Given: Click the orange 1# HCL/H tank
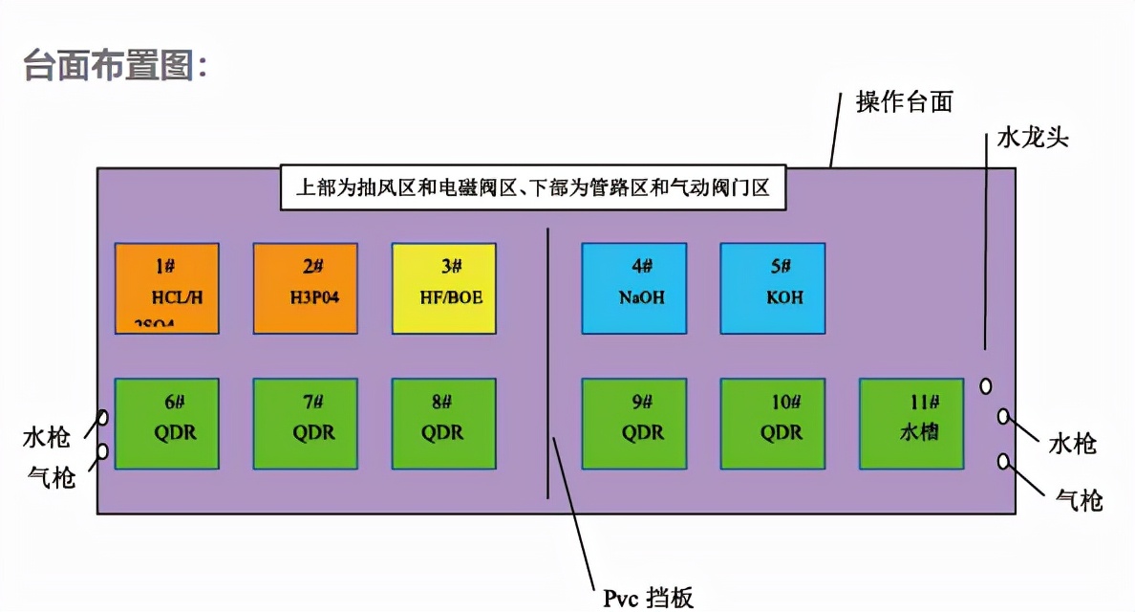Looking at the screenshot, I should pos(167,287).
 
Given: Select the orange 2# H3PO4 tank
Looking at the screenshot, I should pos(306,287).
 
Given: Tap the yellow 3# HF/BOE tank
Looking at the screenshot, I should pos(444,287).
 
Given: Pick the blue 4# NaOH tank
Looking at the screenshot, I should pos(634,287).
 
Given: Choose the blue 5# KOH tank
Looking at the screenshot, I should pos(773,287).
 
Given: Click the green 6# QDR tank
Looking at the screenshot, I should pos(167,424).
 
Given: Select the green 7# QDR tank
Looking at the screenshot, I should pos(306,424).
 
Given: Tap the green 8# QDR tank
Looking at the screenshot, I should pos(444,424).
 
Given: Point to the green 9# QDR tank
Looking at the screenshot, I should pos(634,424).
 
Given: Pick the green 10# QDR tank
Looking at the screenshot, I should pos(773,424).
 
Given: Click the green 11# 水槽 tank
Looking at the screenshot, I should pos(911,424).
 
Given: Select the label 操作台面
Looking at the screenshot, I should pos(904,101).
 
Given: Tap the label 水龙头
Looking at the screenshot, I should pos(1032,138).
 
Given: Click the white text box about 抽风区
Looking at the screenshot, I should pos(533,187).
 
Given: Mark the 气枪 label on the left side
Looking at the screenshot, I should pos(49,477).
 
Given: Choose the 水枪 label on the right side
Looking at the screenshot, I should pos(1072,444).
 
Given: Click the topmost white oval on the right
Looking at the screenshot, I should pos(986,386).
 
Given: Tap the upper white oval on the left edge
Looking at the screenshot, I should pos(103,419).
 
